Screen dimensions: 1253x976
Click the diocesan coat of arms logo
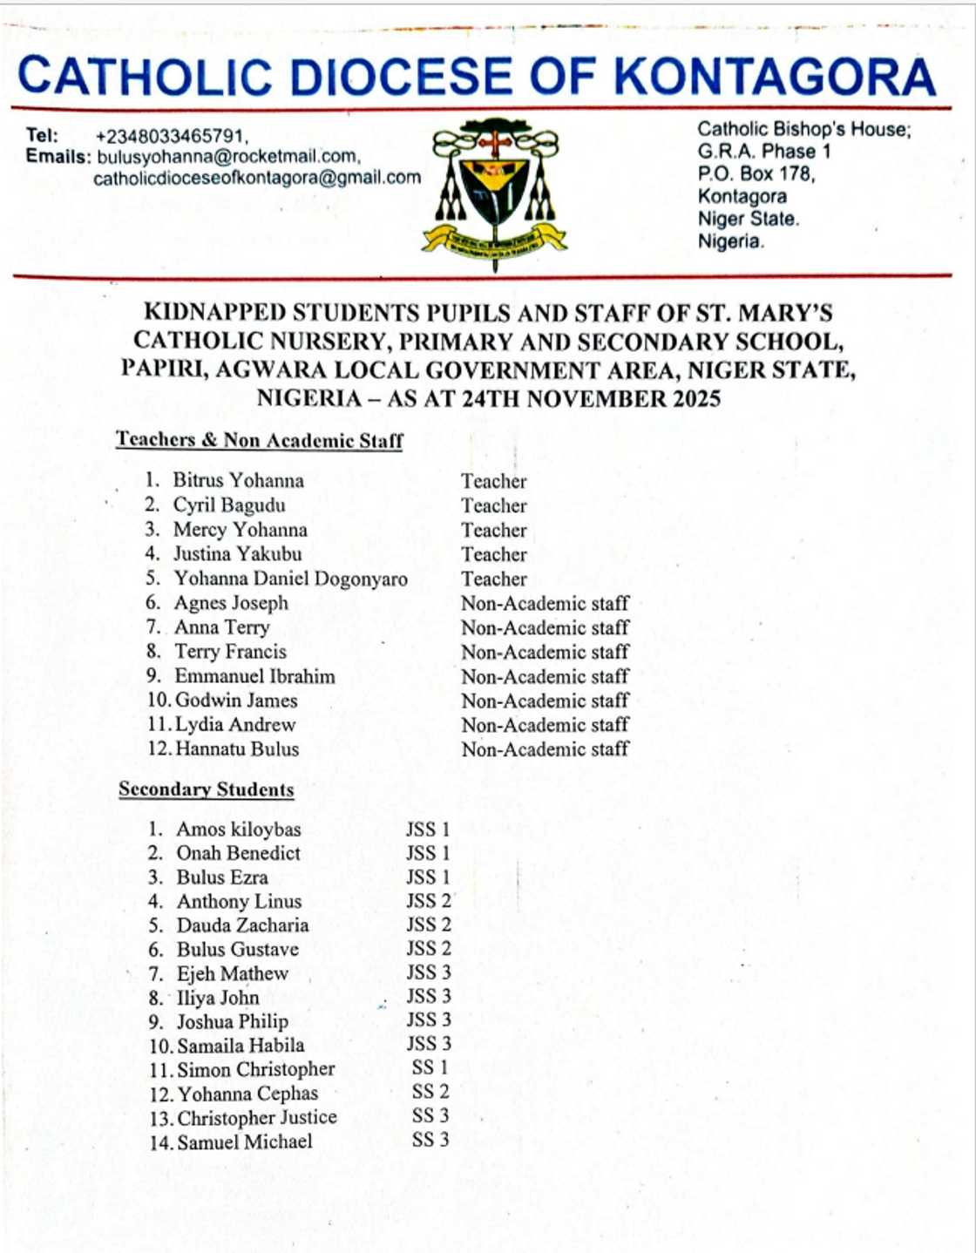(494, 193)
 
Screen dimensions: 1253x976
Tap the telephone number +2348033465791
(172, 137)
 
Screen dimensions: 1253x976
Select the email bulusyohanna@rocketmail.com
(228, 158)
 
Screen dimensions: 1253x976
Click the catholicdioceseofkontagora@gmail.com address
(257, 179)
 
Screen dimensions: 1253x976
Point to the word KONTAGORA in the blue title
(775, 77)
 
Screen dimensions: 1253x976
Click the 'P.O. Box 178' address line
(756, 174)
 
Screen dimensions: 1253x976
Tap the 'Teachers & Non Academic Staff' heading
(260, 440)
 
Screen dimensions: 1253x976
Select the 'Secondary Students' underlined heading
(207, 789)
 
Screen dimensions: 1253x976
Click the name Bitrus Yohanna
(239, 480)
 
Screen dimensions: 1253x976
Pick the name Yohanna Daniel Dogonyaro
(291, 579)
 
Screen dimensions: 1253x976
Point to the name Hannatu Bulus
(237, 748)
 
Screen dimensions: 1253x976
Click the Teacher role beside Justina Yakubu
(494, 554)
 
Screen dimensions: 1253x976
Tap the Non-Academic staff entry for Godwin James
(545, 701)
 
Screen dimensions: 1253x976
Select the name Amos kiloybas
(239, 830)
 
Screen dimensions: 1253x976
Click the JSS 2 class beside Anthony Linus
(429, 901)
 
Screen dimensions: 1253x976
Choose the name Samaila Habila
(241, 1046)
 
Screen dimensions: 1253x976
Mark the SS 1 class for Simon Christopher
(430, 1067)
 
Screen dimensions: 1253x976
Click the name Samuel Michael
(245, 1141)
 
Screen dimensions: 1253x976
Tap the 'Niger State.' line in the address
(748, 219)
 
